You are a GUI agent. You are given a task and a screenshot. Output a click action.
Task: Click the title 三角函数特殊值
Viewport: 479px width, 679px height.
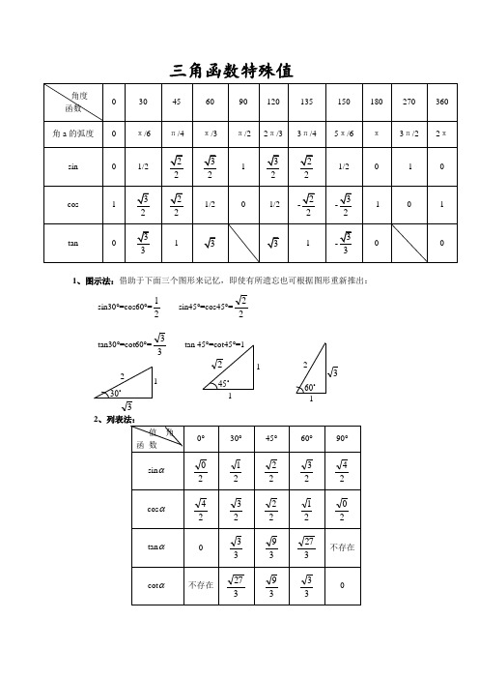pos(232,71)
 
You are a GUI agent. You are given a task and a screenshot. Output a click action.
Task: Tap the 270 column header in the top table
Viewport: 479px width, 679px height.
pos(408,102)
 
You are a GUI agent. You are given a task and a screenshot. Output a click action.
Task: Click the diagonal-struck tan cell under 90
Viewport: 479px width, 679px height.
pos(242,244)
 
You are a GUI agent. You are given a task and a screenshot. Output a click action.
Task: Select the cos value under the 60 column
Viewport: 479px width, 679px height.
pos(211,204)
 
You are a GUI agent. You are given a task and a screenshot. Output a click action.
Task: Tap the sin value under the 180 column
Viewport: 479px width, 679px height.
pos(376,165)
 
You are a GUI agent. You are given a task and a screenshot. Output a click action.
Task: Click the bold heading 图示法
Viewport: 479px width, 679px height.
pos(98,280)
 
